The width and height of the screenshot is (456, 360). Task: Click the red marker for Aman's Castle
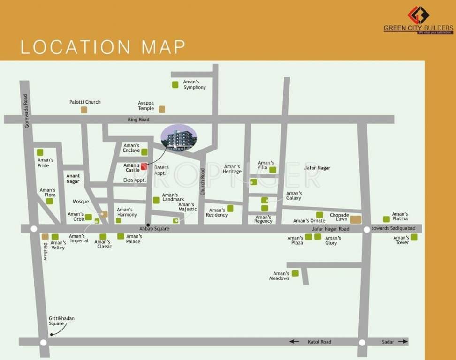click(x=144, y=166)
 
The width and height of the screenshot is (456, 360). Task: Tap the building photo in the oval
click(x=179, y=138)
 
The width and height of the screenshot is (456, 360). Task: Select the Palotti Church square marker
click(x=84, y=110)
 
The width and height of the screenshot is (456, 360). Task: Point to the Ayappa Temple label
click(x=146, y=105)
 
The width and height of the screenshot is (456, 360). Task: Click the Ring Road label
click(x=138, y=120)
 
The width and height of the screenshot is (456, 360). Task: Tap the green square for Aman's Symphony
click(x=175, y=84)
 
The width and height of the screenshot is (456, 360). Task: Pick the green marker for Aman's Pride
click(x=40, y=152)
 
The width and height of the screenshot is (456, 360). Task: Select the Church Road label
click(x=203, y=182)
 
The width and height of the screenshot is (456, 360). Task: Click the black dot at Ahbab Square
click(x=148, y=225)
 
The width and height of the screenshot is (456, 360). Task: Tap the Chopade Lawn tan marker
click(x=356, y=219)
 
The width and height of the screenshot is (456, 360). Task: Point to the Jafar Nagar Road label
click(x=331, y=229)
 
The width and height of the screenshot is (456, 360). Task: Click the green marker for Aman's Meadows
click(x=295, y=273)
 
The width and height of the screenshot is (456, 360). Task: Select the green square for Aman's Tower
click(x=414, y=237)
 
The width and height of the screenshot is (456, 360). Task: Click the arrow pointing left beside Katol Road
click(x=294, y=342)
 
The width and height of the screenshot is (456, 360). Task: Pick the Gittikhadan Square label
click(x=62, y=321)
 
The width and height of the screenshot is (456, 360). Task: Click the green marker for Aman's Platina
click(x=386, y=219)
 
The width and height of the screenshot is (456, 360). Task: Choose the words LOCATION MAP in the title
click(x=103, y=47)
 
